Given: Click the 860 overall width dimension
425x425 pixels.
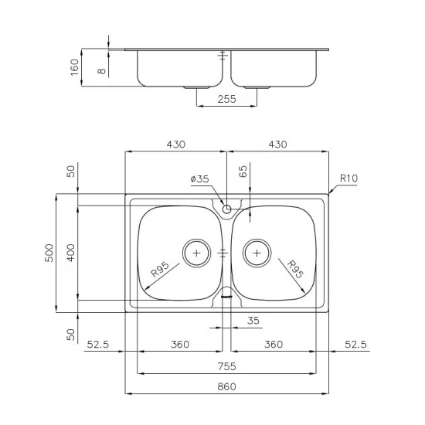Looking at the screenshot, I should (x=226, y=386).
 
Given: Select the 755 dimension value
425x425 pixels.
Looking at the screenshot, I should (x=226, y=366).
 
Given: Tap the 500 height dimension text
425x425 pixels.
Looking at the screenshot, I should (x=49, y=253).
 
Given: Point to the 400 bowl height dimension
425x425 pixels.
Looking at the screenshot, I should (x=71, y=253).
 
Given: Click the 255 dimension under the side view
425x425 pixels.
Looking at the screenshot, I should (x=226, y=99).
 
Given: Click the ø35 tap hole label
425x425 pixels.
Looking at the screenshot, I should (x=200, y=180).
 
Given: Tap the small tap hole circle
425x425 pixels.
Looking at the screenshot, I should (x=226, y=209).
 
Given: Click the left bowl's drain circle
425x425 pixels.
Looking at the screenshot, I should (x=196, y=253).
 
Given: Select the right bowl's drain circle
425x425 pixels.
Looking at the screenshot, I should (x=257, y=253).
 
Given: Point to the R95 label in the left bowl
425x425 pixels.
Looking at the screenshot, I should (x=160, y=270).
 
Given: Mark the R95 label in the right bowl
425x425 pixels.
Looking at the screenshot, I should (x=294, y=270).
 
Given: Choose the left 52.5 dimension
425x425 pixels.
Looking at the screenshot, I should (x=98, y=345).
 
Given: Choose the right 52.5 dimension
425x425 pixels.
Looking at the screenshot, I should (x=355, y=345).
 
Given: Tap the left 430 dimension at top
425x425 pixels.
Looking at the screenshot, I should (x=175, y=144).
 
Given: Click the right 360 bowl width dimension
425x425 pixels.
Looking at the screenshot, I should (x=272, y=345).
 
